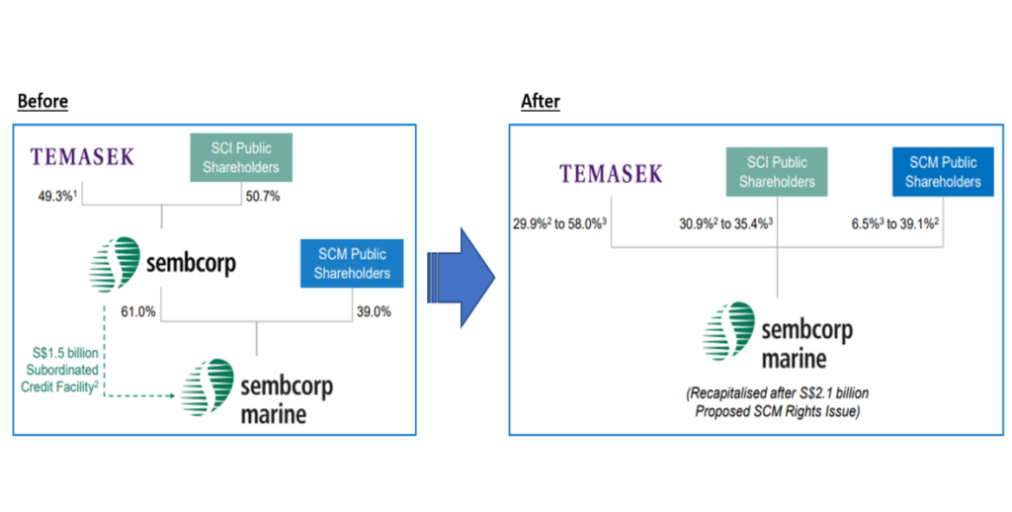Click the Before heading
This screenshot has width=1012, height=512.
coord(42,102)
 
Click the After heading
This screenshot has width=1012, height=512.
coord(540,102)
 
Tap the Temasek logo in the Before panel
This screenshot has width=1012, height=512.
coord(81,156)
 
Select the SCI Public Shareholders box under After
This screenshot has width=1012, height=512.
coord(777,172)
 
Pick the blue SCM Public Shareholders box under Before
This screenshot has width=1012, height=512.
coord(352,264)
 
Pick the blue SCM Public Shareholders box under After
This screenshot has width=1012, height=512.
coord(943,172)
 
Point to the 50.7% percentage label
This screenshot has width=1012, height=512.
coord(262,197)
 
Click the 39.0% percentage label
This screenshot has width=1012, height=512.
coord(372,312)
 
